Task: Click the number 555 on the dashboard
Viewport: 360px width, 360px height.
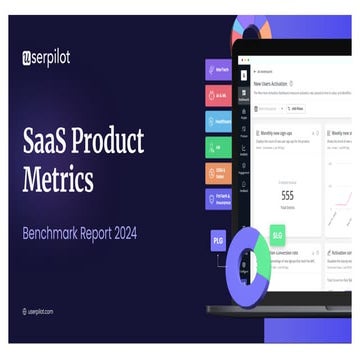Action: [x=287, y=196]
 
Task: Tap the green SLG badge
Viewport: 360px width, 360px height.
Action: [x=277, y=235]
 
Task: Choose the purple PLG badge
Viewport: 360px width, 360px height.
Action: [x=218, y=240]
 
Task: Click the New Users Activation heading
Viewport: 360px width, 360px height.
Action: [x=280, y=84]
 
